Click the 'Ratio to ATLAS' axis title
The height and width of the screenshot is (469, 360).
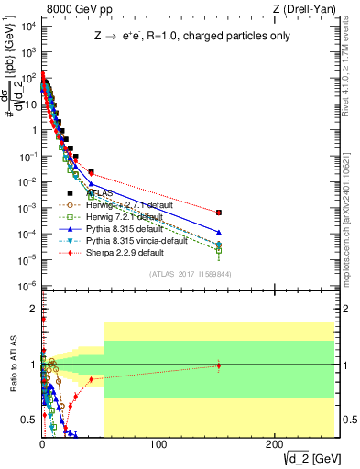point(10,366)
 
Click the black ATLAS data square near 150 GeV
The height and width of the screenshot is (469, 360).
point(218,213)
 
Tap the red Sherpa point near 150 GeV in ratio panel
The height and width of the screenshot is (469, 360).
point(218,365)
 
